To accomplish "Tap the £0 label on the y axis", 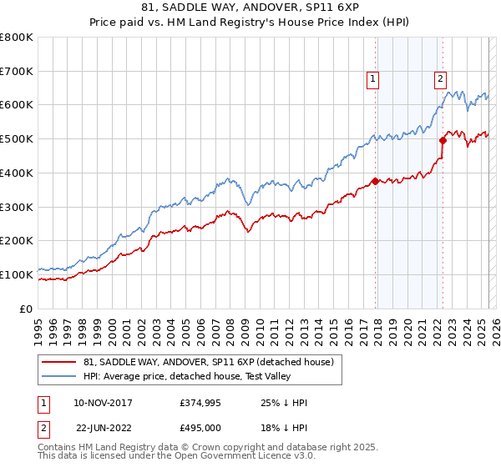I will [x=27, y=309].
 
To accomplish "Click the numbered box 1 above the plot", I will [x=372, y=80].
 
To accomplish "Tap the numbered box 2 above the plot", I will [x=439, y=80].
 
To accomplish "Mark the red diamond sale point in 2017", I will [x=375, y=181].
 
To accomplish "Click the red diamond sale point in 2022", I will [x=443, y=140].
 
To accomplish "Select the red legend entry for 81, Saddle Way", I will [x=208, y=362].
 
